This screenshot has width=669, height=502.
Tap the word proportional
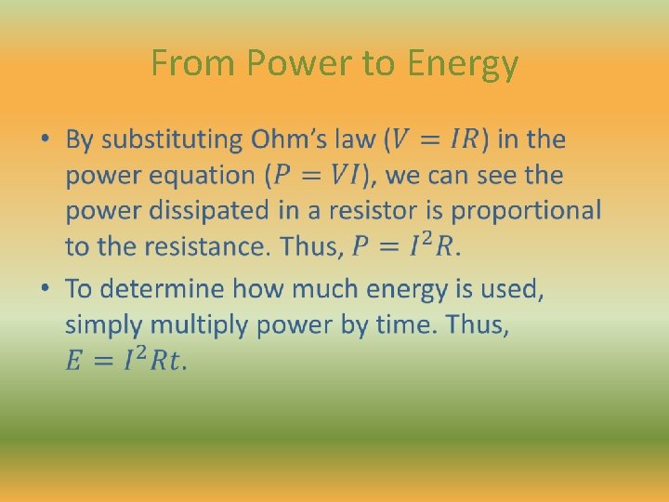[527, 211]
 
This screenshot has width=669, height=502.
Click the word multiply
[190, 325]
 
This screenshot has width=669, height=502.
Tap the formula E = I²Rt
[125, 361]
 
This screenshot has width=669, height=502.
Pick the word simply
[102, 325]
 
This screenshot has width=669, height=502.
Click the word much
[328, 289]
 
